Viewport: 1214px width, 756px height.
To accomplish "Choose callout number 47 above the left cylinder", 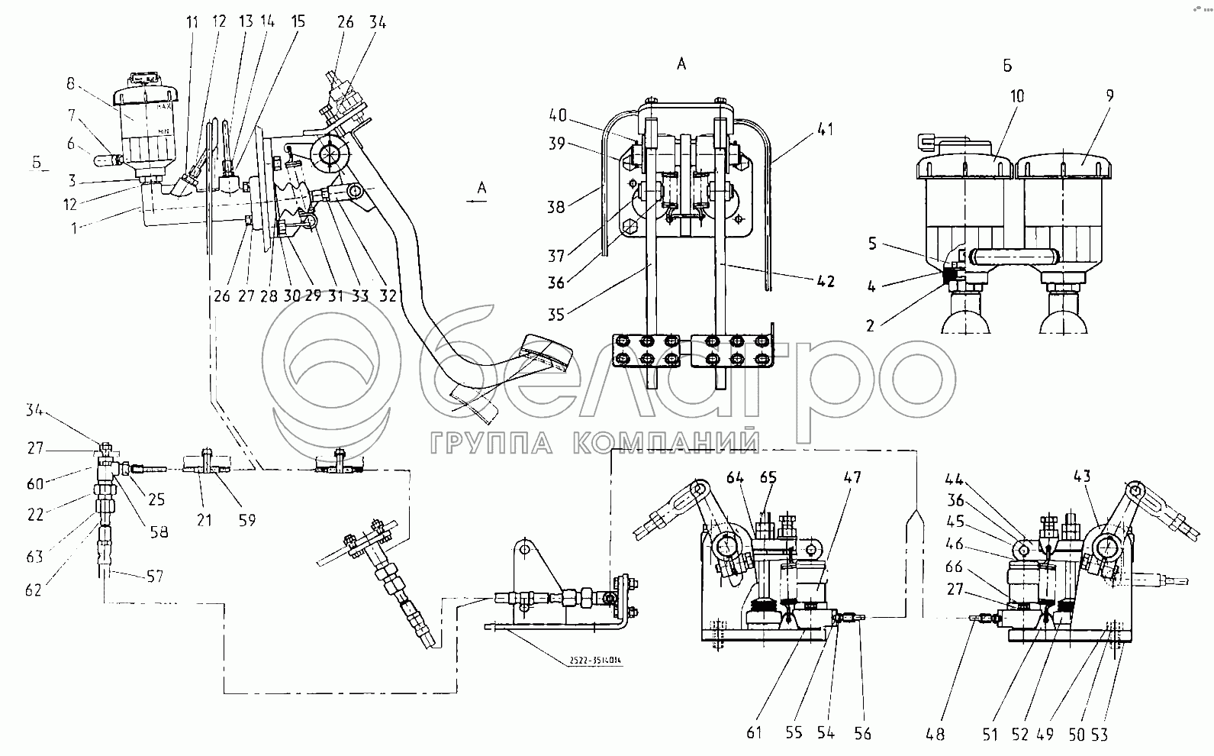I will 852,478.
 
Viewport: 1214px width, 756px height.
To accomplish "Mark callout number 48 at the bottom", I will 935,734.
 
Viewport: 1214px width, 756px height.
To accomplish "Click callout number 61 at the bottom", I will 754,734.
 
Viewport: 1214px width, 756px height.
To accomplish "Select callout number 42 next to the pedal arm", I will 825,281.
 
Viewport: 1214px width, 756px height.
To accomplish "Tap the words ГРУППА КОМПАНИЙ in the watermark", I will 594,443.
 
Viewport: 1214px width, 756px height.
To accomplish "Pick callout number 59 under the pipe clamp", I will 246,521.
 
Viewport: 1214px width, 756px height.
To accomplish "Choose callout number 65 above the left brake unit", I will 768,478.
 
